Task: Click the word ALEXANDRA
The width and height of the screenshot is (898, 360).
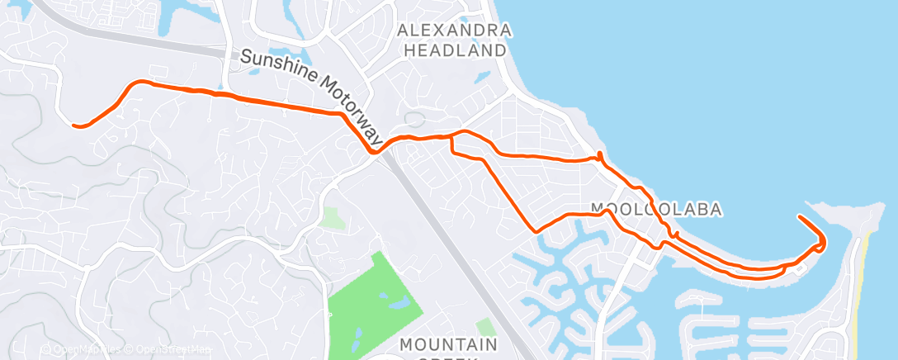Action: (x=454, y=31)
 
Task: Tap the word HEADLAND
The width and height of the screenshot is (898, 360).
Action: (x=454, y=50)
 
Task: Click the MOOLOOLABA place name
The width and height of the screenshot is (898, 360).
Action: (x=656, y=210)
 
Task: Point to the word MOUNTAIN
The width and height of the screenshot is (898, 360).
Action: (x=449, y=343)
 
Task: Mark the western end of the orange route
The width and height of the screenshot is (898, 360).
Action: (x=74, y=126)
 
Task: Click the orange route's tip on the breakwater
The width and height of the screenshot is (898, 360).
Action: (x=799, y=216)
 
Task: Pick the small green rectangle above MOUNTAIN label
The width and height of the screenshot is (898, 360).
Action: (x=485, y=327)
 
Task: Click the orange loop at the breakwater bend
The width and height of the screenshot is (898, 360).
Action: (x=821, y=244)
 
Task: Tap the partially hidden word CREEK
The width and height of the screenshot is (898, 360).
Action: (x=449, y=357)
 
